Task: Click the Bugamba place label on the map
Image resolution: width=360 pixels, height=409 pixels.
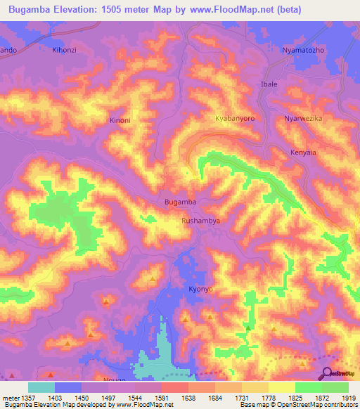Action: pyautogui.click(x=180, y=202)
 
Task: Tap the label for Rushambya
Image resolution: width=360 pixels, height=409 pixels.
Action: pyautogui.click(x=201, y=220)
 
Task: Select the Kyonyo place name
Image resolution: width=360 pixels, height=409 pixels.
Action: pyautogui.click(x=200, y=289)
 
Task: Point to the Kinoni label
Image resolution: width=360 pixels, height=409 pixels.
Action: pyautogui.click(x=120, y=120)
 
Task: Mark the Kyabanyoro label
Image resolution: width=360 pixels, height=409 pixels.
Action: pyautogui.click(x=234, y=119)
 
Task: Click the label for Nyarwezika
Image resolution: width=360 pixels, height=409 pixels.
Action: pyautogui.click(x=302, y=119)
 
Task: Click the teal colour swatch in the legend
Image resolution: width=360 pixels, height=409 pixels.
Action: pyautogui.click(x=41, y=387)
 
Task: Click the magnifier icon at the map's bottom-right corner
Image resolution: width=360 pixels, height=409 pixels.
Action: pyautogui.click(x=327, y=373)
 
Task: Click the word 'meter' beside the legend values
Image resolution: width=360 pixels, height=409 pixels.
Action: pyautogui.click(x=9, y=398)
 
